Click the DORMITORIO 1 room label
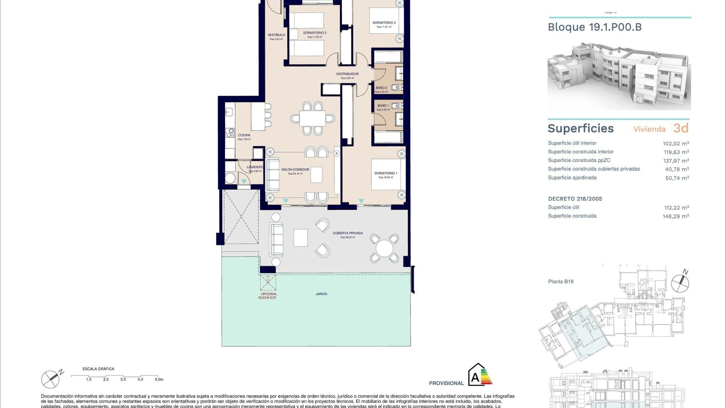point(385,173)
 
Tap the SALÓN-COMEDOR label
point(295,170)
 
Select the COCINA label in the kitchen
point(244,135)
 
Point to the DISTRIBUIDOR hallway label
point(347,74)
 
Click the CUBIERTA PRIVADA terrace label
point(347,233)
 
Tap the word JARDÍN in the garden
point(321,294)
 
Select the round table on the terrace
point(384,248)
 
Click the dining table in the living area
point(312,119)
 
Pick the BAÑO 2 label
point(381,88)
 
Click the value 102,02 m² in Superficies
point(675,144)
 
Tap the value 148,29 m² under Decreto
point(675,216)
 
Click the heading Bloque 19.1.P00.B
point(594,27)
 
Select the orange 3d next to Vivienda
point(681,128)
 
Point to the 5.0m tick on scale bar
point(159,379)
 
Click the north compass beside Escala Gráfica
point(50,379)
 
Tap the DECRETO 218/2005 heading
point(575,199)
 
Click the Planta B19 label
point(561,281)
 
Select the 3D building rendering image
point(619,77)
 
